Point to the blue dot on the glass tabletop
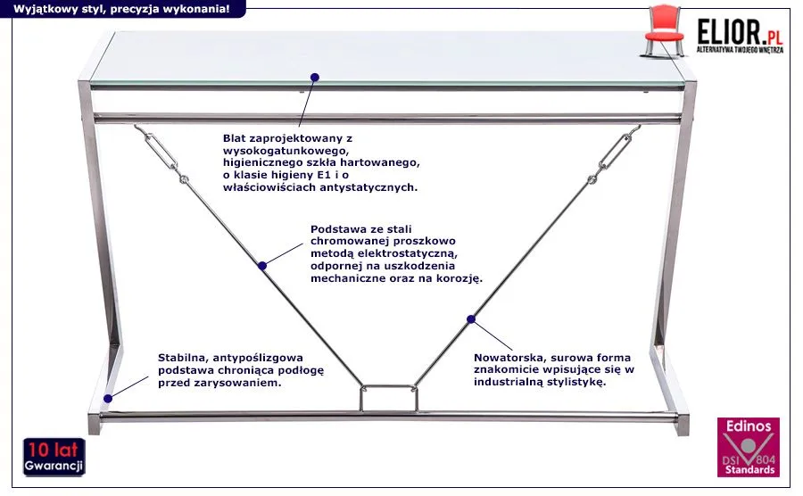click(x=314, y=78)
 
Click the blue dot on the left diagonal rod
click(x=262, y=265)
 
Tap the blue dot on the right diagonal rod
click(x=470, y=318)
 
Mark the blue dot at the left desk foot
click(x=108, y=398)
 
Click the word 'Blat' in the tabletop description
click(x=236, y=138)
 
